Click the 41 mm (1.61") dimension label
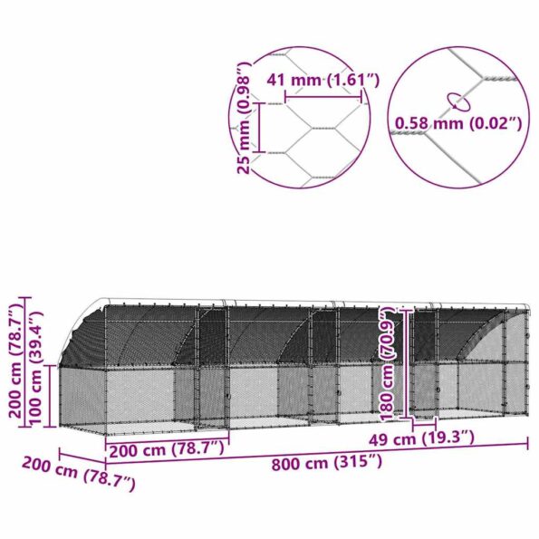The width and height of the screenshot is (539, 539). [322, 81]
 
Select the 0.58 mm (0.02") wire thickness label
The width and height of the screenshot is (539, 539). [457, 122]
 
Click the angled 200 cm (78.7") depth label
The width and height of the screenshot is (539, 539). [80, 474]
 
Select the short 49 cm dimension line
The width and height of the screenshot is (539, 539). [424, 423]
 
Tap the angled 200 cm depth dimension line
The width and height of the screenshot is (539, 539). [82, 457]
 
